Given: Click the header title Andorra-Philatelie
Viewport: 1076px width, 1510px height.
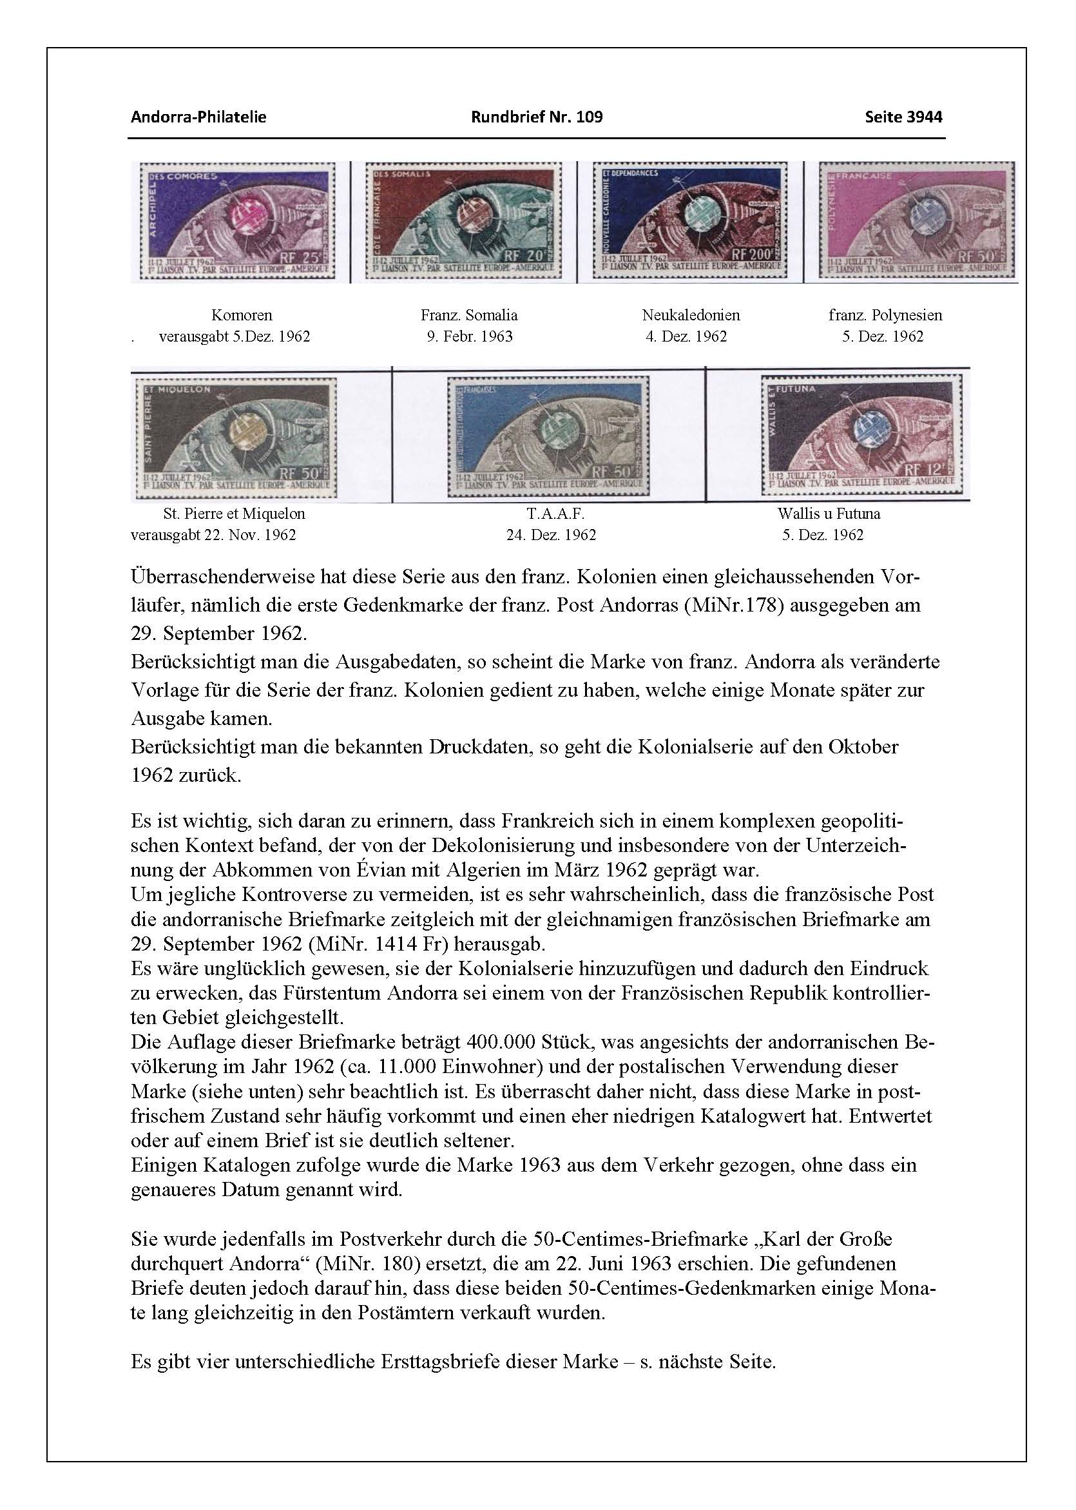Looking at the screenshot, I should click(198, 117).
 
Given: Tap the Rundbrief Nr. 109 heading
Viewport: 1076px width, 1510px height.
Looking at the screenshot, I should click(537, 117).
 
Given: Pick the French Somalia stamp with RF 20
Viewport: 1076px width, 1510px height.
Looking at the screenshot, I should click(463, 222).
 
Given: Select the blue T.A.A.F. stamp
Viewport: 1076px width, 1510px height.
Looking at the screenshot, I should click(548, 436).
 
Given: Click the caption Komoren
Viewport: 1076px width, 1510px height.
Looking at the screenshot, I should click(241, 315).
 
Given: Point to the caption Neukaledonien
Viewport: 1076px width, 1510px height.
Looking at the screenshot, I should click(691, 315).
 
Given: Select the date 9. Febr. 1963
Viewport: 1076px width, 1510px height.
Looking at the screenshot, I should click(469, 336).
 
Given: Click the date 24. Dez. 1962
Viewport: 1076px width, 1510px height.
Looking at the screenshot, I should click(551, 535).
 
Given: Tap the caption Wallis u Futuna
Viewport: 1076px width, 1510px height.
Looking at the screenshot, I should click(829, 514).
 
